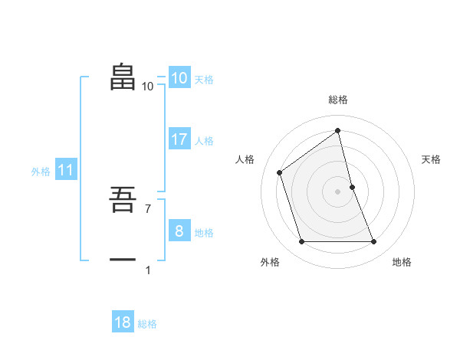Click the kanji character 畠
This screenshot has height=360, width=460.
123,77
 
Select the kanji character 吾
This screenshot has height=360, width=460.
123,201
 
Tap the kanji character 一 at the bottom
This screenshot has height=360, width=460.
123,260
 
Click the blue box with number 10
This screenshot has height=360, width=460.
179,78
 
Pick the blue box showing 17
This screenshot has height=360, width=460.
179,139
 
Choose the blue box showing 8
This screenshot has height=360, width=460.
179,231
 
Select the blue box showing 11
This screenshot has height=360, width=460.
65,171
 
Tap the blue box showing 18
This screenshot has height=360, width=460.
123,322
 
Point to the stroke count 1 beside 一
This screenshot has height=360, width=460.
148,270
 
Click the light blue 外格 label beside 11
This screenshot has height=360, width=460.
41,172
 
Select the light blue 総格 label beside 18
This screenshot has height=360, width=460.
147,324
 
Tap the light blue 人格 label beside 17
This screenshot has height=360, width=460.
204,141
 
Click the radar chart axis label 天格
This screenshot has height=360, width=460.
432,159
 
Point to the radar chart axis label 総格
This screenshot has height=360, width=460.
338,100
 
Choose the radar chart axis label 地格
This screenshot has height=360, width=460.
402,262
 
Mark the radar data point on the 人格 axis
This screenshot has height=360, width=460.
280,172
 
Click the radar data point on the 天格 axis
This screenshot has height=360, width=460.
352,186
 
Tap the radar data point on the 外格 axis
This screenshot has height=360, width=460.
301,242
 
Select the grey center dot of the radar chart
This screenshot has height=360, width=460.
338,191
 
